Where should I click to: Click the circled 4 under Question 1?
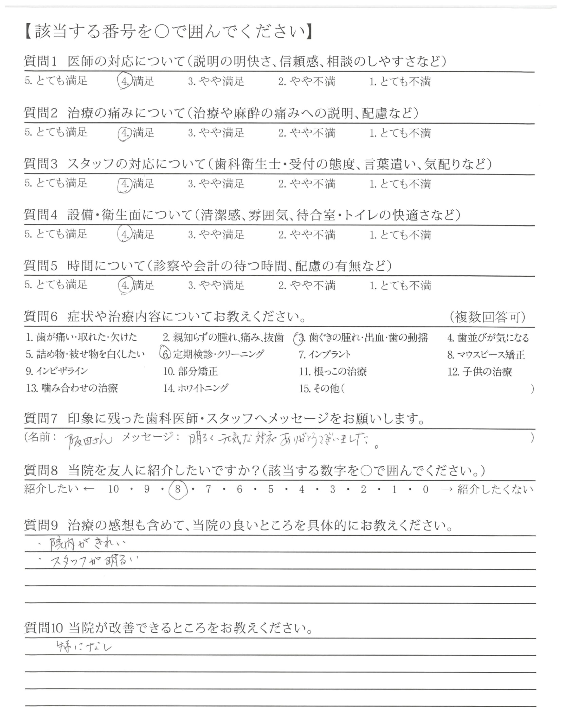[x=125, y=81]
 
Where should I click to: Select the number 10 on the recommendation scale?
[x=113, y=489]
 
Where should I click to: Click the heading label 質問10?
[x=43, y=628]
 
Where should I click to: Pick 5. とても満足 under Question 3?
[x=56, y=183]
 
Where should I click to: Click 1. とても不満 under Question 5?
[x=400, y=285]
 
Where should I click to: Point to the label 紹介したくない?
[x=495, y=489]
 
